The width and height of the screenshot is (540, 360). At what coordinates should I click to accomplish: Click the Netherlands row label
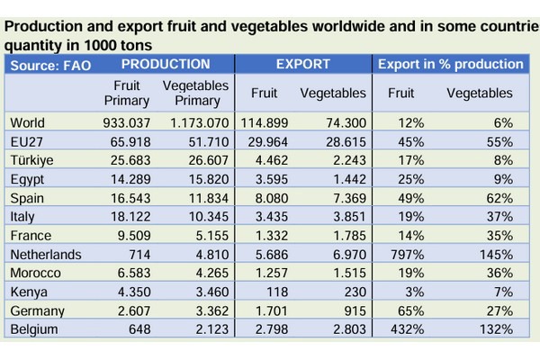tap(45, 255)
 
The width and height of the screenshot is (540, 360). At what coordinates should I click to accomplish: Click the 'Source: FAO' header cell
tap(50, 65)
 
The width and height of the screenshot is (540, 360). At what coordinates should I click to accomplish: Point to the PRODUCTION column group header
tap(166, 65)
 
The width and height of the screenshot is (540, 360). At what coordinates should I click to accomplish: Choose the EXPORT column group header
tap(302, 65)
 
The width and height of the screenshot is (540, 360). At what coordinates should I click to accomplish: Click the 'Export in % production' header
tap(450, 65)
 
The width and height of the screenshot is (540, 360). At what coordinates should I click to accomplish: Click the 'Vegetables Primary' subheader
tap(196, 93)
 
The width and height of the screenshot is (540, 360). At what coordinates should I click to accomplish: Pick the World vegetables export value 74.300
tap(345, 121)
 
